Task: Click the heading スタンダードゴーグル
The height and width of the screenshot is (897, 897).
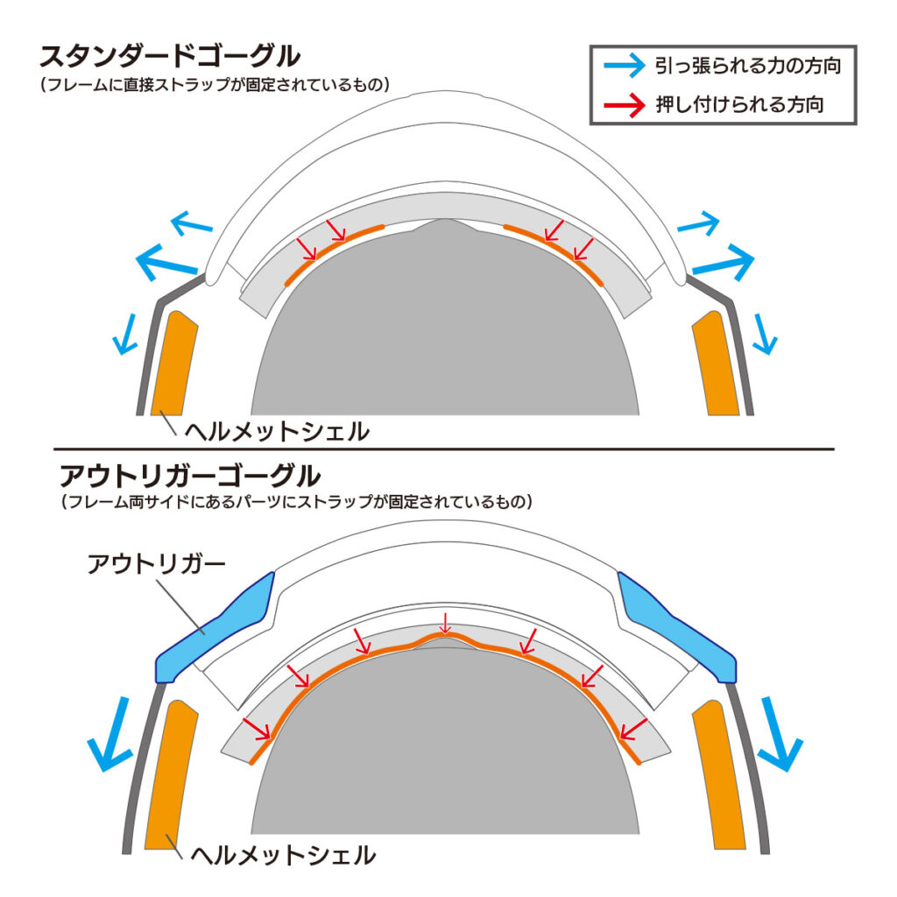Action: (170, 58)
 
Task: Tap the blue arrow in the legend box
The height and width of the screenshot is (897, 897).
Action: (625, 65)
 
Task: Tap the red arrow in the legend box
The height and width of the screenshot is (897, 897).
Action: (625, 103)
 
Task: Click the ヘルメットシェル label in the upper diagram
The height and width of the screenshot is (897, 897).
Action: (276, 432)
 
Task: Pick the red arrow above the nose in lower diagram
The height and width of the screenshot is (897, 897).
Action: (445, 624)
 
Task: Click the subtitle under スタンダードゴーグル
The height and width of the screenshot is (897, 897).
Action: (214, 85)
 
